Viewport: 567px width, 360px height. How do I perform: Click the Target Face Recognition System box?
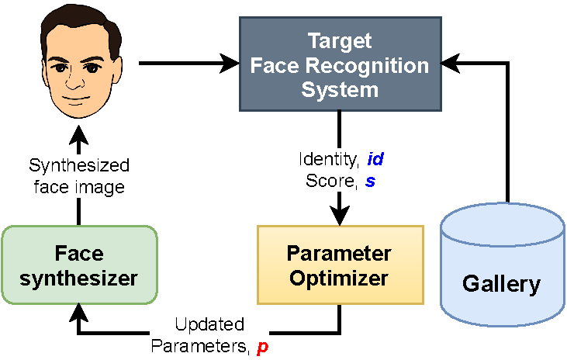click(x=340, y=64)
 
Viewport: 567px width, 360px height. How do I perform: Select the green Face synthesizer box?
click(x=79, y=264)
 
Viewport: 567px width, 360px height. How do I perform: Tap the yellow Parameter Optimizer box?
click(x=340, y=265)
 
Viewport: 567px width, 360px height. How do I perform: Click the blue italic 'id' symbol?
click(x=375, y=161)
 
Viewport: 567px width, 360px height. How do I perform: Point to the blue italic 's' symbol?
click(x=370, y=180)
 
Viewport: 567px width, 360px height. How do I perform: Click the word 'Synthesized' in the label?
click(x=79, y=165)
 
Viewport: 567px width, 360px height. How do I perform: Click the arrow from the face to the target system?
click(x=186, y=64)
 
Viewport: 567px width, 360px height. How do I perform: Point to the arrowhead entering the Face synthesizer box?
click(x=79, y=312)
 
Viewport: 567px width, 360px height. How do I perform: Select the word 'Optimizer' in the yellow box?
click(x=340, y=276)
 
